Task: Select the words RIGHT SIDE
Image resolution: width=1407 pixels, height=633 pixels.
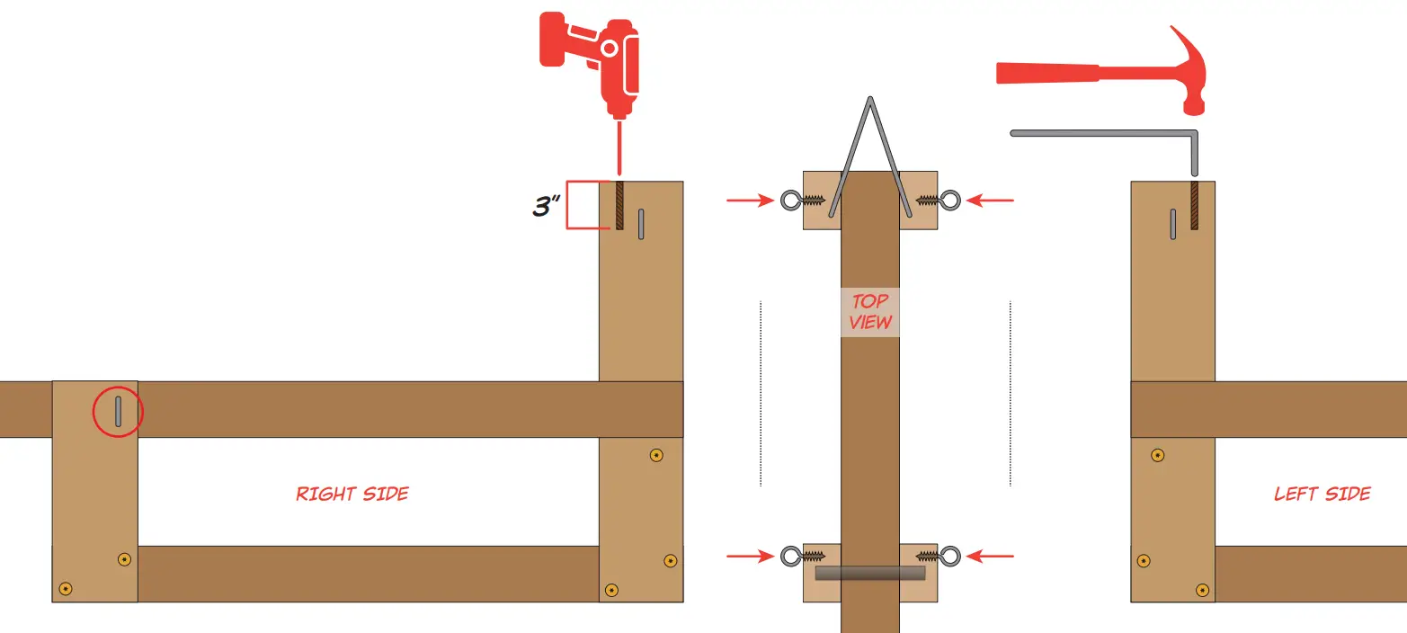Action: click(x=352, y=494)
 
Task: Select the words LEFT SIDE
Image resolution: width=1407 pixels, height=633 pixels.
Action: click(x=1322, y=494)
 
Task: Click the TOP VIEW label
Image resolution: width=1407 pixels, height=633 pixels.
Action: click(x=870, y=312)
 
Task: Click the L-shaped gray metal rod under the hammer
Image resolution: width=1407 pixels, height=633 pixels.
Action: click(x=1106, y=134)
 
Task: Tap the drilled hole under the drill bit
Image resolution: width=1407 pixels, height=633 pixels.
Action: click(x=619, y=206)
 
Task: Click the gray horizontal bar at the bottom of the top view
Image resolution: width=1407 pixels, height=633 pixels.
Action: click(x=869, y=573)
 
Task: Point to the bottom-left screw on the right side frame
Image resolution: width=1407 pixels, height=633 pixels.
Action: click(x=65, y=589)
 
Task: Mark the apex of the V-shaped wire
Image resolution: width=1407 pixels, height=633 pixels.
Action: click(x=869, y=99)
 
